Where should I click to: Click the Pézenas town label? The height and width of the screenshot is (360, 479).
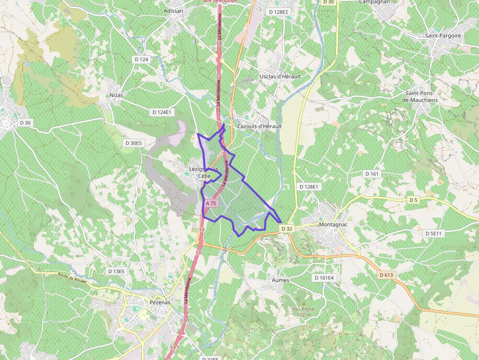point(158,302)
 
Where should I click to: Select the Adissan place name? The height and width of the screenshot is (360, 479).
point(174,10)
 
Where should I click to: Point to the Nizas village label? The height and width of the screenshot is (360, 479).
point(116,95)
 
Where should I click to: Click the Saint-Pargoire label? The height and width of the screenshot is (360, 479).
point(443,36)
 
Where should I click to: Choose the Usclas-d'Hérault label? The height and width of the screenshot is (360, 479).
point(280,77)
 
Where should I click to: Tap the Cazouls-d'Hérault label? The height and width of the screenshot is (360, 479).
point(260,126)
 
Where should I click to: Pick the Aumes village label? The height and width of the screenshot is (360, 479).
point(280,280)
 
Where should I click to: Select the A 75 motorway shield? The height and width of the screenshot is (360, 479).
point(211,203)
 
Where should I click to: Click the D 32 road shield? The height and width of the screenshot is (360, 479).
point(286,228)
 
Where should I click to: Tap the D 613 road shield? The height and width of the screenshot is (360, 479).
point(386,275)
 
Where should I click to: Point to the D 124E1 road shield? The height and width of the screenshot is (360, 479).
point(162,112)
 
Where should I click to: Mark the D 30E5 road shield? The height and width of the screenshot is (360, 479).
point(133,143)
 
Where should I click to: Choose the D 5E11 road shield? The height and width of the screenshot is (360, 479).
point(433,233)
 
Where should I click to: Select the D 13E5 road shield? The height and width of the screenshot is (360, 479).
point(116,271)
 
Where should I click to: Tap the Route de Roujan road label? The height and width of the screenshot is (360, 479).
point(72,278)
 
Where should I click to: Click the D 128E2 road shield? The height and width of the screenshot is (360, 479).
point(279,12)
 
